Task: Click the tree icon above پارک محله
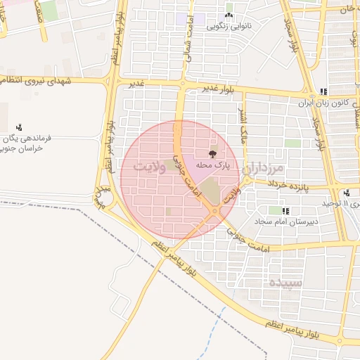pos(212,153)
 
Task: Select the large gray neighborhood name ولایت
pos(150,167)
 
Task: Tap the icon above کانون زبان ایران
pos(323,91)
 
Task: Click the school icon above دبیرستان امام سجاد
pos(285,210)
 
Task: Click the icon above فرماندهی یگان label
pos(19,128)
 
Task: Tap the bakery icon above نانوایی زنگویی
pos(229,15)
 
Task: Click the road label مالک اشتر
pos(243,127)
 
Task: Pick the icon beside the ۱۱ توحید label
pos(347,193)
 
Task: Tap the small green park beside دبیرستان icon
pos(274,210)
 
